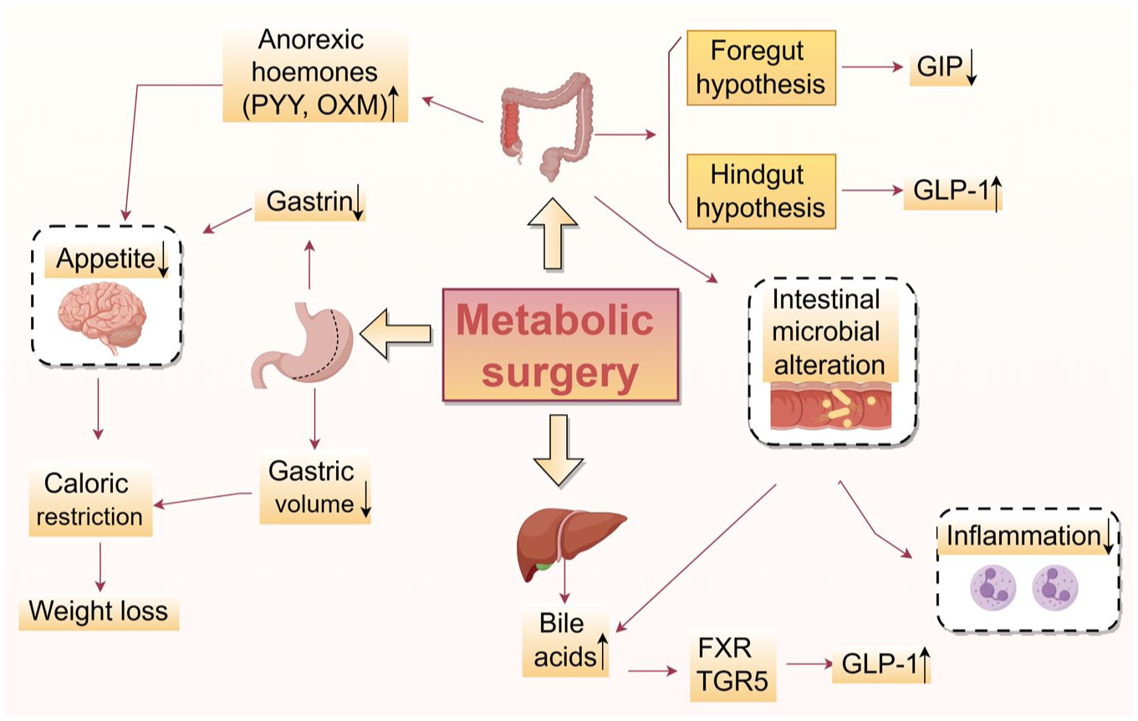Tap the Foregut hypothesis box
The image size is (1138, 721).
(761, 68)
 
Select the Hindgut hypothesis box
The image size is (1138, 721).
(761, 191)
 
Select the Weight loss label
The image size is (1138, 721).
(99, 611)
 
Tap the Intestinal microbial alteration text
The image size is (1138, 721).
(828, 331)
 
